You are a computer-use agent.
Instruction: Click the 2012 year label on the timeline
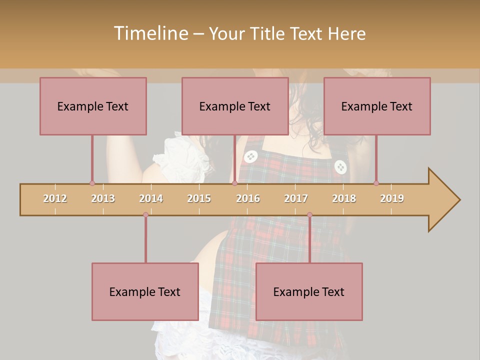click(x=55, y=198)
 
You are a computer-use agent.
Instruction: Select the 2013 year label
click(x=103, y=198)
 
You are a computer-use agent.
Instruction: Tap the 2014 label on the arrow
click(x=151, y=198)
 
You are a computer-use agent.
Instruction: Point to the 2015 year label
click(x=199, y=198)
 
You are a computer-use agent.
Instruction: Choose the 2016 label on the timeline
click(x=248, y=198)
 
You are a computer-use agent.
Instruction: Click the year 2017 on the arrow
click(x=296, y=198)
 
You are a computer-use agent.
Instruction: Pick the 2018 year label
click(x=344, y=198)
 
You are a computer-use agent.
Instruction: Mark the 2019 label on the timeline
click(x=392, y=198)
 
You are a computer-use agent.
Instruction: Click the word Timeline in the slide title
click(x=150, y=33)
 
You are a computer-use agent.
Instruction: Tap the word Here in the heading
click(x=346, y=33)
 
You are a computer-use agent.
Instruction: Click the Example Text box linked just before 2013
click(x=93, y=106)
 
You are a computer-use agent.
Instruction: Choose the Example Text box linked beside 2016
click(x=235, y=106)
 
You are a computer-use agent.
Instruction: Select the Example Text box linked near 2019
click(x=377, y=106)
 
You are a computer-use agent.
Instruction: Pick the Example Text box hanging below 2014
click(x=145, y=291)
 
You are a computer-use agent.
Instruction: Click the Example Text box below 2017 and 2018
click(x=309, y=291)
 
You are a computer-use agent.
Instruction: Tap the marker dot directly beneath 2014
click(x=145, y=215)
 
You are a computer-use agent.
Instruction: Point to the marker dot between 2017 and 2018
click(x=309, y=215)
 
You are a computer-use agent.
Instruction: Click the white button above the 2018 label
click(x=340, y=167)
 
